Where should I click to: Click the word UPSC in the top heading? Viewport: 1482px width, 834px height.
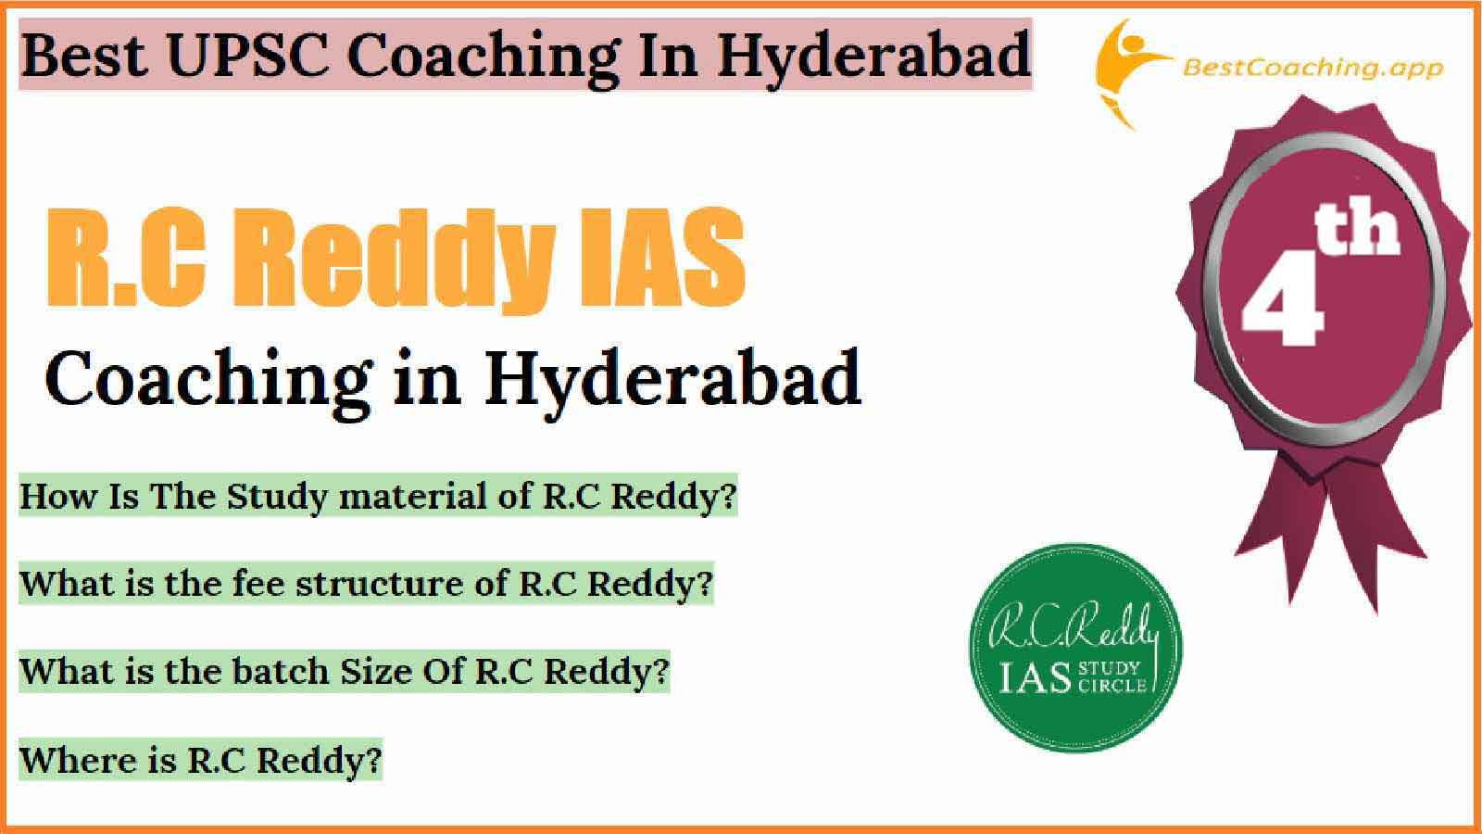click(249, 55)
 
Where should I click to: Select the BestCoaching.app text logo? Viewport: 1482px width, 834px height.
click(1312, 69)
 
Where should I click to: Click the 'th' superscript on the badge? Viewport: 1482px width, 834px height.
click(1356, 229)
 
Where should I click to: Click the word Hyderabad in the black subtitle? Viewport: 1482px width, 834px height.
click(672, 382)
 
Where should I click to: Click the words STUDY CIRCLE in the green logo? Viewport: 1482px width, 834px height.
click(1112, 676)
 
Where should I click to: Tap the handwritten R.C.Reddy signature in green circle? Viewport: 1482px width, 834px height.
click(1074, 626)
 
